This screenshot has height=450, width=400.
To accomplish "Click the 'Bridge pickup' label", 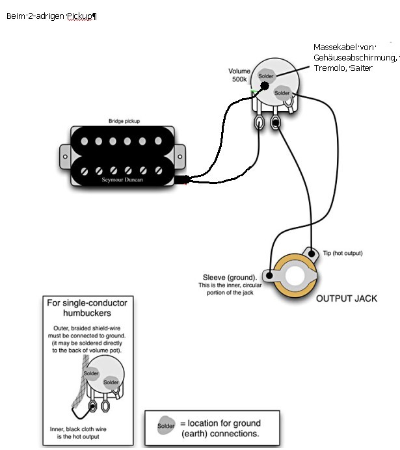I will click(x=124, y=121).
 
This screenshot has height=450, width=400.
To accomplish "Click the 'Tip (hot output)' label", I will click(x=343, y=253).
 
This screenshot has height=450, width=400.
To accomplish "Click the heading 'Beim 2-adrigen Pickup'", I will click(x=51, y=16).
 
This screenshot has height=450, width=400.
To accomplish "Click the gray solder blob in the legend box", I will click(x=167, y=426).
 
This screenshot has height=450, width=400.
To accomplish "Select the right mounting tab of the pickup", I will click(x=178, y=155).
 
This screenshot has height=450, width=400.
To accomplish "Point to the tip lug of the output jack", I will click(x=314, y=256).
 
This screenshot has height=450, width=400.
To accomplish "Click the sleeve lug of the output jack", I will click(x=268, y=273).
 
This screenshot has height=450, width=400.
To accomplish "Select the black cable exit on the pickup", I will click(x=181, y=180).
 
